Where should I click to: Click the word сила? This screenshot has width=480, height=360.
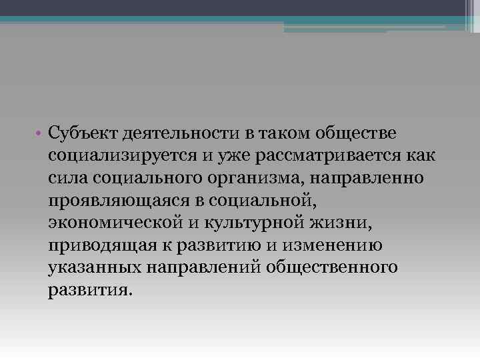(67, 179)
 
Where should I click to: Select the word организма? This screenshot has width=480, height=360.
(249, 179)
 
